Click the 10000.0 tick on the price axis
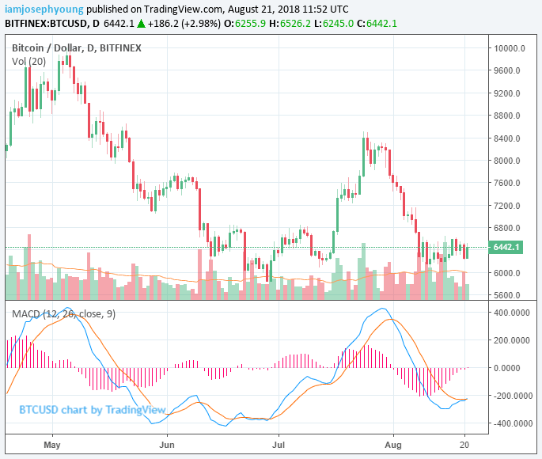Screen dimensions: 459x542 coord(510,48)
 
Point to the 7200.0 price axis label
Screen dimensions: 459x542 coord(509,206)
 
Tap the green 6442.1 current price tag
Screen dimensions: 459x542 coord(507,248)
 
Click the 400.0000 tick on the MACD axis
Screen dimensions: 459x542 coord(512,312)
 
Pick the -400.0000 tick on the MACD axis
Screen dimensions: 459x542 coord(511,423)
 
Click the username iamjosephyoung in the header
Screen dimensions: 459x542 coord(42,9)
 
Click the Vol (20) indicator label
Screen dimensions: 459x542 coord(28,61)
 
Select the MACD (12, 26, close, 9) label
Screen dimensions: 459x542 coord(62,314)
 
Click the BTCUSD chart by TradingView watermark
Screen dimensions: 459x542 coord(92,410)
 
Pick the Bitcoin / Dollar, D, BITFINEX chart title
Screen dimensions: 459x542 coord(77,47)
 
